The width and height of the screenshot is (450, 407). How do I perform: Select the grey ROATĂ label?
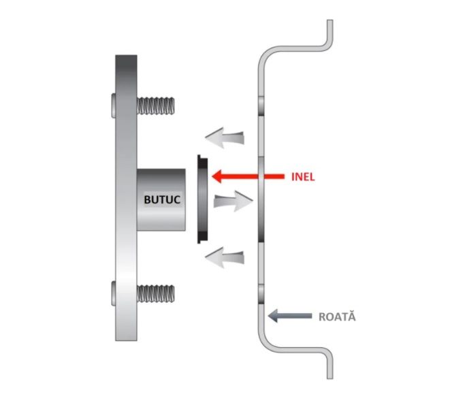[x=337, y=316]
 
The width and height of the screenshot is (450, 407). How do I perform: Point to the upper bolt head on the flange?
[x=113, y=105]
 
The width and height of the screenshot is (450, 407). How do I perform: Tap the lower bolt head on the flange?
[x=113, y=294]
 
